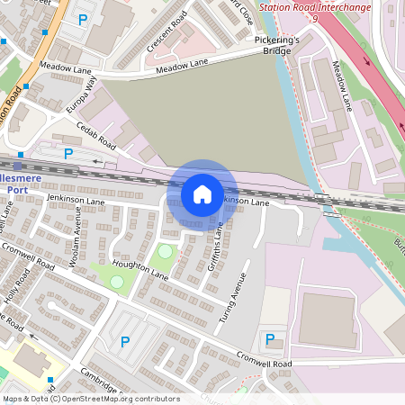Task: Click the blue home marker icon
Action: (x=202, y=193)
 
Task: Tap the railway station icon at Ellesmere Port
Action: (x=18, y=166)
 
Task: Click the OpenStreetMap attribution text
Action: (x=91, y=399)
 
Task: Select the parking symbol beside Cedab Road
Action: (x=67, y=154)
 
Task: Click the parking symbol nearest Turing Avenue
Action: (x=269, y=339)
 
